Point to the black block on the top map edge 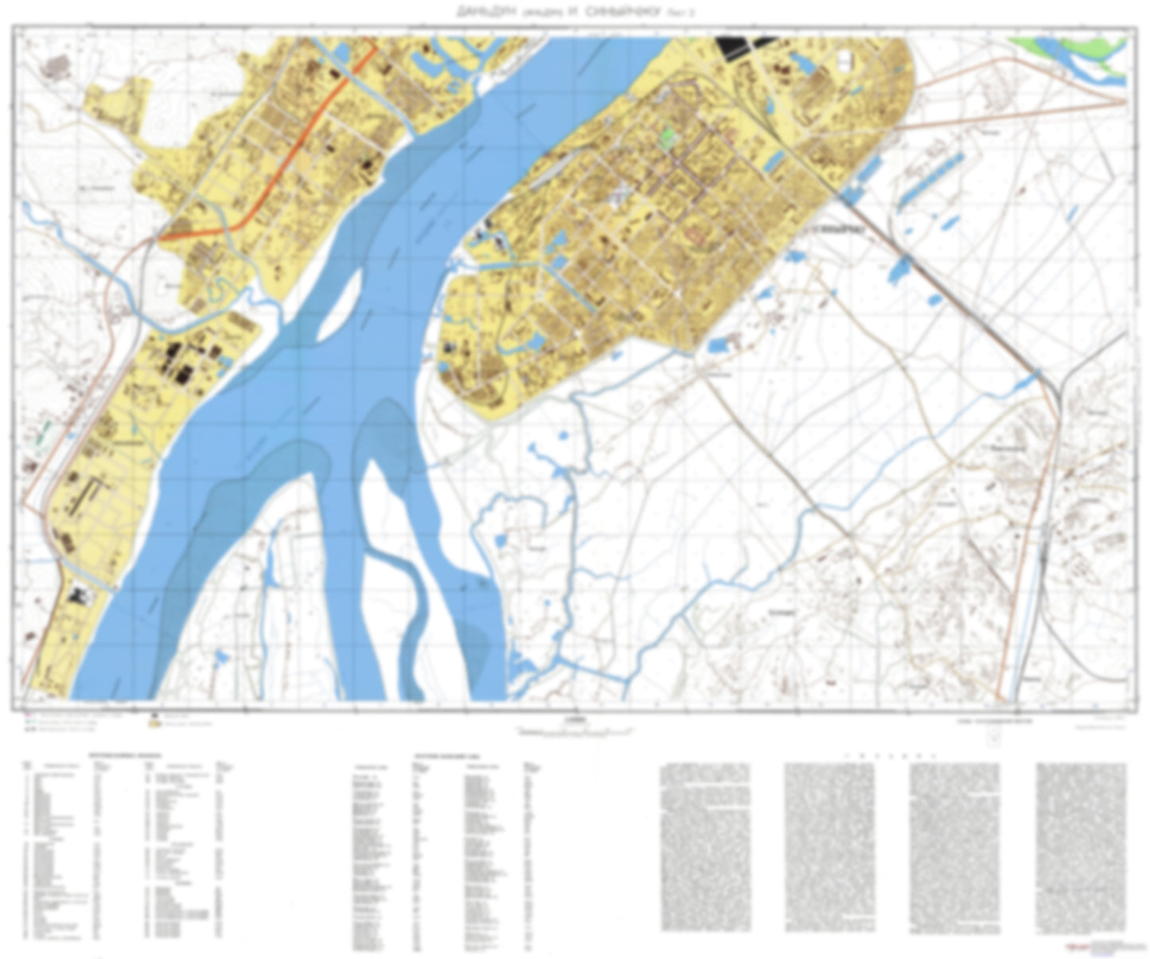[x=744, y=45]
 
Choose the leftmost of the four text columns [x=705, y=848]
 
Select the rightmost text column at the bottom [x=1080, y=848]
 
